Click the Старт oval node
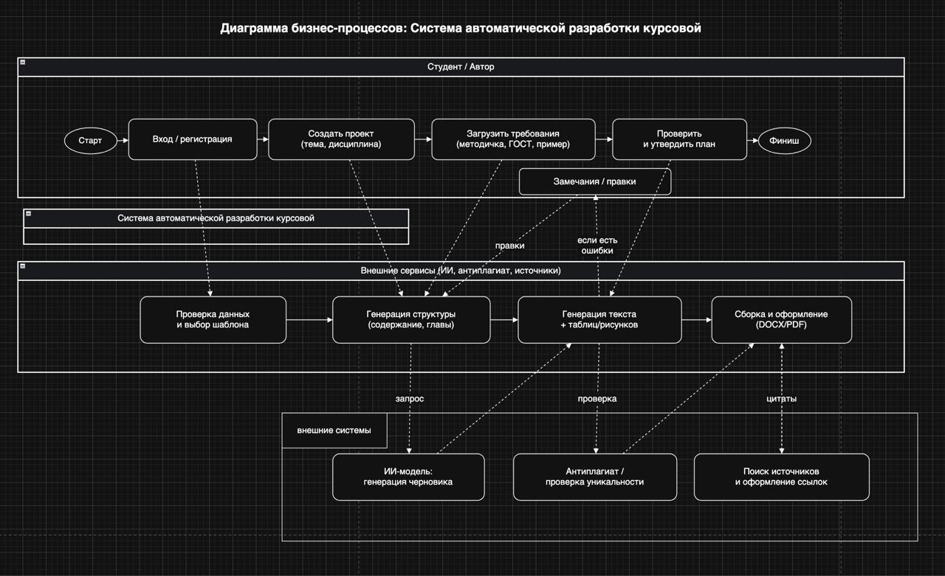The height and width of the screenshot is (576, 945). [x=90, y=140]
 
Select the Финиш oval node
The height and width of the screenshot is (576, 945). [x=784, y=140]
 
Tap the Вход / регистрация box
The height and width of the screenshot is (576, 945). [x=192, y=139]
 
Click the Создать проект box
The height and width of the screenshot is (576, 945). [x=340, y=139]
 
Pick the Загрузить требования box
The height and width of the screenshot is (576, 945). [x=512, y=139]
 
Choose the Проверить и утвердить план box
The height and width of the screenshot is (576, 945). [x=678, y=139]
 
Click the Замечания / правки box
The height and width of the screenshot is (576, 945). [x=594, y=181]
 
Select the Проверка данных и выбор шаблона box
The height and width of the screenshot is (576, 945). [x=213, y=319]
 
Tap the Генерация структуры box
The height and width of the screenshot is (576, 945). [x=410, y=319]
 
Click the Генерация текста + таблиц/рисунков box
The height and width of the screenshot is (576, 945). [x=599, y=319]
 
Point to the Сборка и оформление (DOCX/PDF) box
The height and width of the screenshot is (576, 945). [x=781, y=319]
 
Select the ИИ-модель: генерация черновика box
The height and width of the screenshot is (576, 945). [x=408, y=476]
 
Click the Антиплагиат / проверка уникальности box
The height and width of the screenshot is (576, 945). [x=594, y=476]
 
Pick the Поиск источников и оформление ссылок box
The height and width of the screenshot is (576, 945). [x=781, y=476]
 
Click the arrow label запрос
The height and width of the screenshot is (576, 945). [x=410, y=398]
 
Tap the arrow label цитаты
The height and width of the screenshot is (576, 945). [x=781, y=398]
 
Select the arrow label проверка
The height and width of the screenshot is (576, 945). [x=597, y=398]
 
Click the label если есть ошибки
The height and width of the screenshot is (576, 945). [x=597, y=245]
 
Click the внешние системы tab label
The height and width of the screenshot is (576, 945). [x=334, y=430]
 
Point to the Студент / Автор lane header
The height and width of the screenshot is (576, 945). [x=461, y=66]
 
